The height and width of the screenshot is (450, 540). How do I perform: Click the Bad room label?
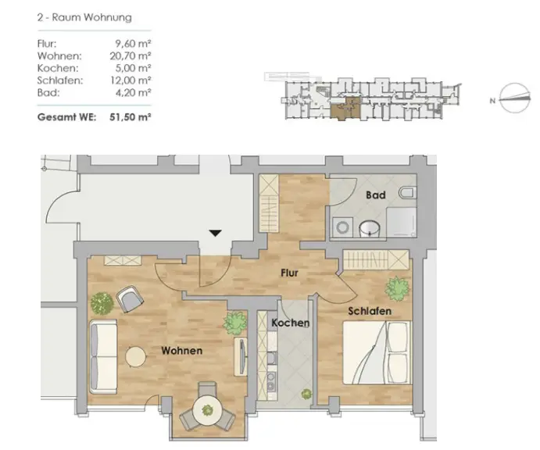(375, 195)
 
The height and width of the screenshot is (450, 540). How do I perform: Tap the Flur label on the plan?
(289, 273)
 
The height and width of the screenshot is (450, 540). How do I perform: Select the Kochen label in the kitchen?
(291, 323)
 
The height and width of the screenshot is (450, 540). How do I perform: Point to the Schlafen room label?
(370, 311)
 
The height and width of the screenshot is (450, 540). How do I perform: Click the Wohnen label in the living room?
(181, 351)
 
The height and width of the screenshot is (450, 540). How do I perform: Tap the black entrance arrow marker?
(215, 233)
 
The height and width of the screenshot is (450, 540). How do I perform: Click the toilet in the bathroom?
(407, 192)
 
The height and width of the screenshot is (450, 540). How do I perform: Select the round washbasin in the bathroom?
(370, 229)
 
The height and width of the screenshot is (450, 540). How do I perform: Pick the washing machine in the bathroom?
(342, 227)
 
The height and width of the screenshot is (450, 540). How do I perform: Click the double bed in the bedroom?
(377, 352)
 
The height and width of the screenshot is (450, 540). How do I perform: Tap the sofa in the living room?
(103, 356)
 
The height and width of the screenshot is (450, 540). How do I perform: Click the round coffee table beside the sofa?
(135, 357)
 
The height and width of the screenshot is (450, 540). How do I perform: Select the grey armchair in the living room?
(130, 298)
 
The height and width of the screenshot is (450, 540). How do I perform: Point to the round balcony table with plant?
(207, 410)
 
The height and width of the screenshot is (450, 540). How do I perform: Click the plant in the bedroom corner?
(397, 288)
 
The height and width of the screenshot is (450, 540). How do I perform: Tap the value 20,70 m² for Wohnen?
(131, 55)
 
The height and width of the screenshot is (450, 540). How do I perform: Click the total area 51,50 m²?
(131, 117)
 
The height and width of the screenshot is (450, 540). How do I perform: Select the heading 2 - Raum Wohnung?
(84, 17)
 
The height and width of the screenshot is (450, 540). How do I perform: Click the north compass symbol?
(514, 98)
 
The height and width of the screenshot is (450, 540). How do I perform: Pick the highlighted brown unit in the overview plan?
(346, 109)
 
